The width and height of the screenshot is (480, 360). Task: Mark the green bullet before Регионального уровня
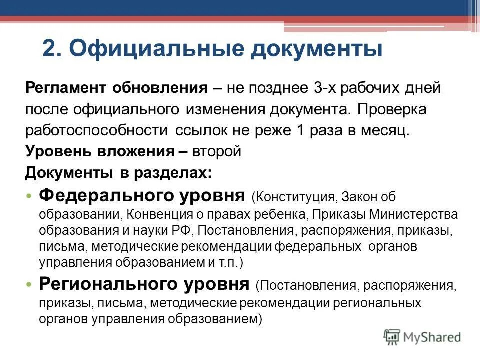coord(31,285)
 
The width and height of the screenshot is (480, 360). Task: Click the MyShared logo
coord(422,337)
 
